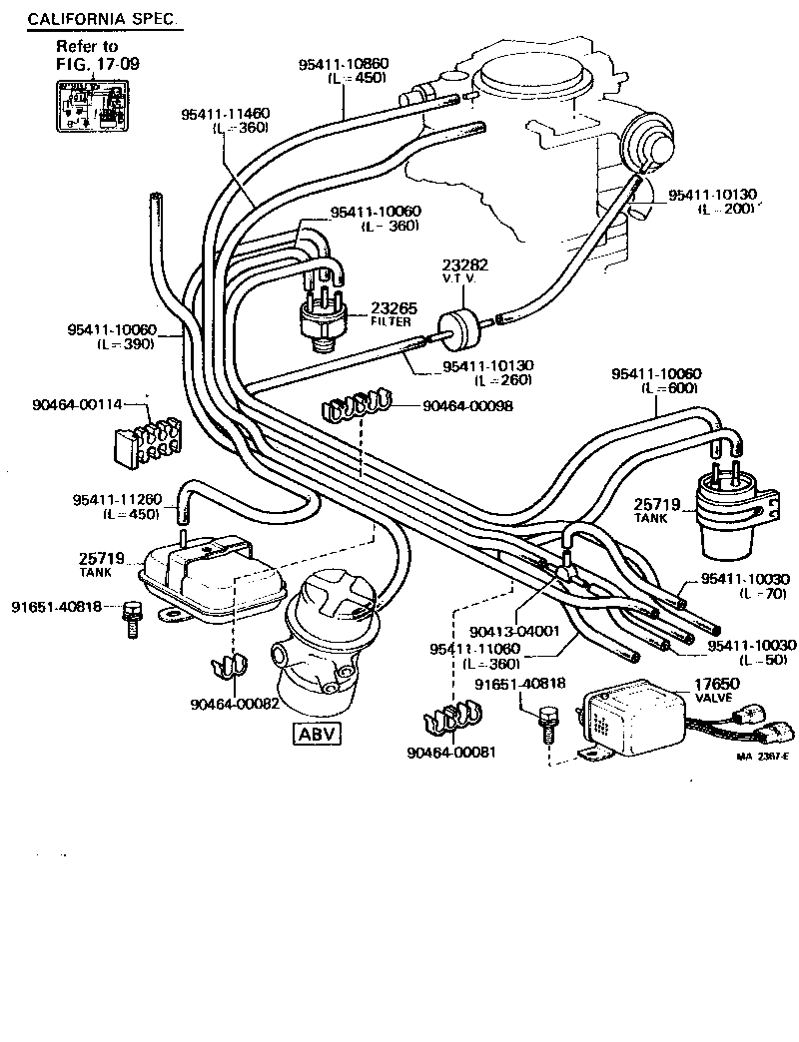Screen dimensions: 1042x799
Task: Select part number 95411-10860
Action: (343, 64)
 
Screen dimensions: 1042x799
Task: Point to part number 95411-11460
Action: (225, 114)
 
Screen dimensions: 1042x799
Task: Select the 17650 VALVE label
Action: (714, 690)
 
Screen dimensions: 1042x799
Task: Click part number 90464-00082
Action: (235, 703)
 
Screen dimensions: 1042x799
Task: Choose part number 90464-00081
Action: (451, 752)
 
